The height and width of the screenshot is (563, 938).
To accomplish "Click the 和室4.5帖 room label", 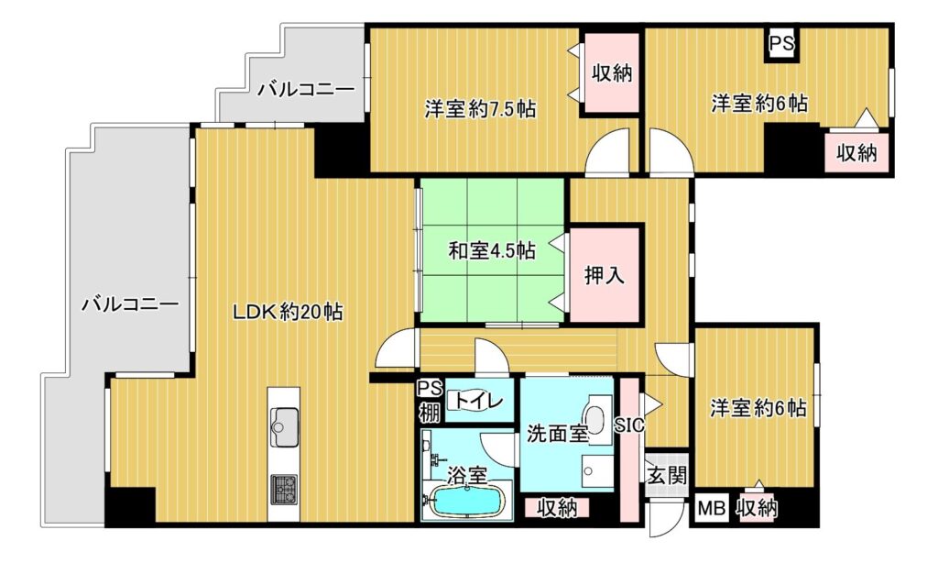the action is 492,250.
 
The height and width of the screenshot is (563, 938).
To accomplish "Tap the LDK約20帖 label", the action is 287,312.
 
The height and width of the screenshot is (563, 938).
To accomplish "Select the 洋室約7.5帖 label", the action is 480,109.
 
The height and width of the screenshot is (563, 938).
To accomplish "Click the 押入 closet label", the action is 605,275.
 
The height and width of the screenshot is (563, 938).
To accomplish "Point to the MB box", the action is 712,509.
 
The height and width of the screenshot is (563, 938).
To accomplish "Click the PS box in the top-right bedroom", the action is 781,43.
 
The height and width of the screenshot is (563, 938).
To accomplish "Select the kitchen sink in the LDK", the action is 285,426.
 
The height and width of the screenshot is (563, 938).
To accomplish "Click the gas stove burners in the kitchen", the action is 284,490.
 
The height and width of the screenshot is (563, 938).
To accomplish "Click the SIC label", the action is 630,425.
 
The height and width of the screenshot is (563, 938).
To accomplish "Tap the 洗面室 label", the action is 557,434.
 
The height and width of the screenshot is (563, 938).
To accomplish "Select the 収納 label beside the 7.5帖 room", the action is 612,73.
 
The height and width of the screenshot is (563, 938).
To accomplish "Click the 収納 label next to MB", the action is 757,509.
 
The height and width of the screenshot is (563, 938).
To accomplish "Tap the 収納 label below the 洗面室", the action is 557,509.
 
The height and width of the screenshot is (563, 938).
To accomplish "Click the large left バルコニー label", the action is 130,304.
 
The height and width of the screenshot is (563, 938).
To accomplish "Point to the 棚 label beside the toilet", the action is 430,413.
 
